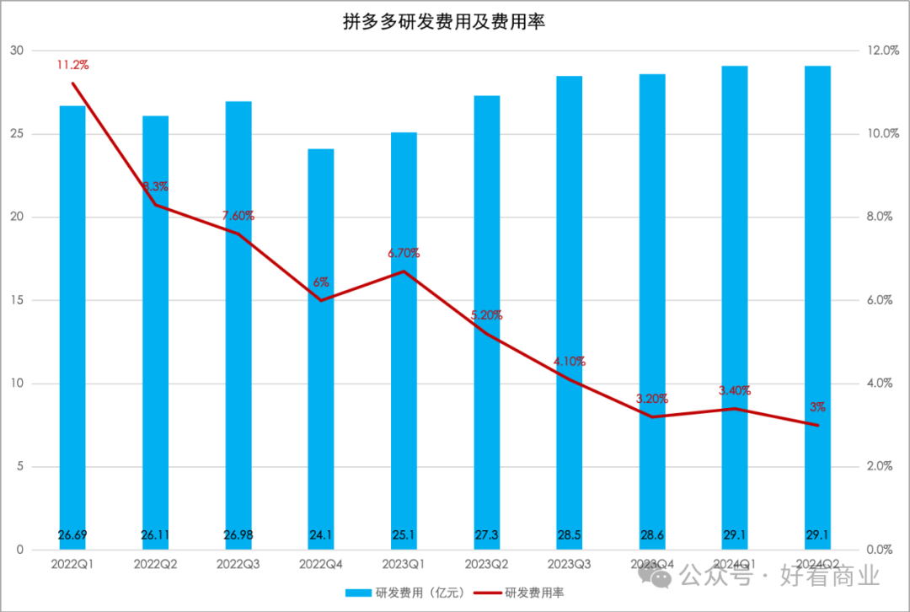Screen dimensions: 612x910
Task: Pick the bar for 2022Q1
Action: click(x=72, y=329)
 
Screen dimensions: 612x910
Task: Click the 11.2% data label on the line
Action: click(x=72, y=65)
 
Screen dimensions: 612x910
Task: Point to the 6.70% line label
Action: click(x=404, y=253)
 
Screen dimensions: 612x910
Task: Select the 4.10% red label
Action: click(x=570, y=362)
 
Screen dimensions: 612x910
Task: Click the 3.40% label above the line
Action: click(x=735, y=390)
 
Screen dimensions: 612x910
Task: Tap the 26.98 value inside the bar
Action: click(x=238, y=534)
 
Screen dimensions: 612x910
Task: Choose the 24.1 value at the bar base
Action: click(x=320, y=534)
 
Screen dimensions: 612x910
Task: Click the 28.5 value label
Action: click(x=570, y=534)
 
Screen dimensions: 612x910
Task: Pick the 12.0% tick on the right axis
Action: click(x=884, y=51)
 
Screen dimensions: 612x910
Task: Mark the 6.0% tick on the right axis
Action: click(x=884, y=301)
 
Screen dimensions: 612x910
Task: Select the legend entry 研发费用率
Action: click(x=534, y=593)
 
